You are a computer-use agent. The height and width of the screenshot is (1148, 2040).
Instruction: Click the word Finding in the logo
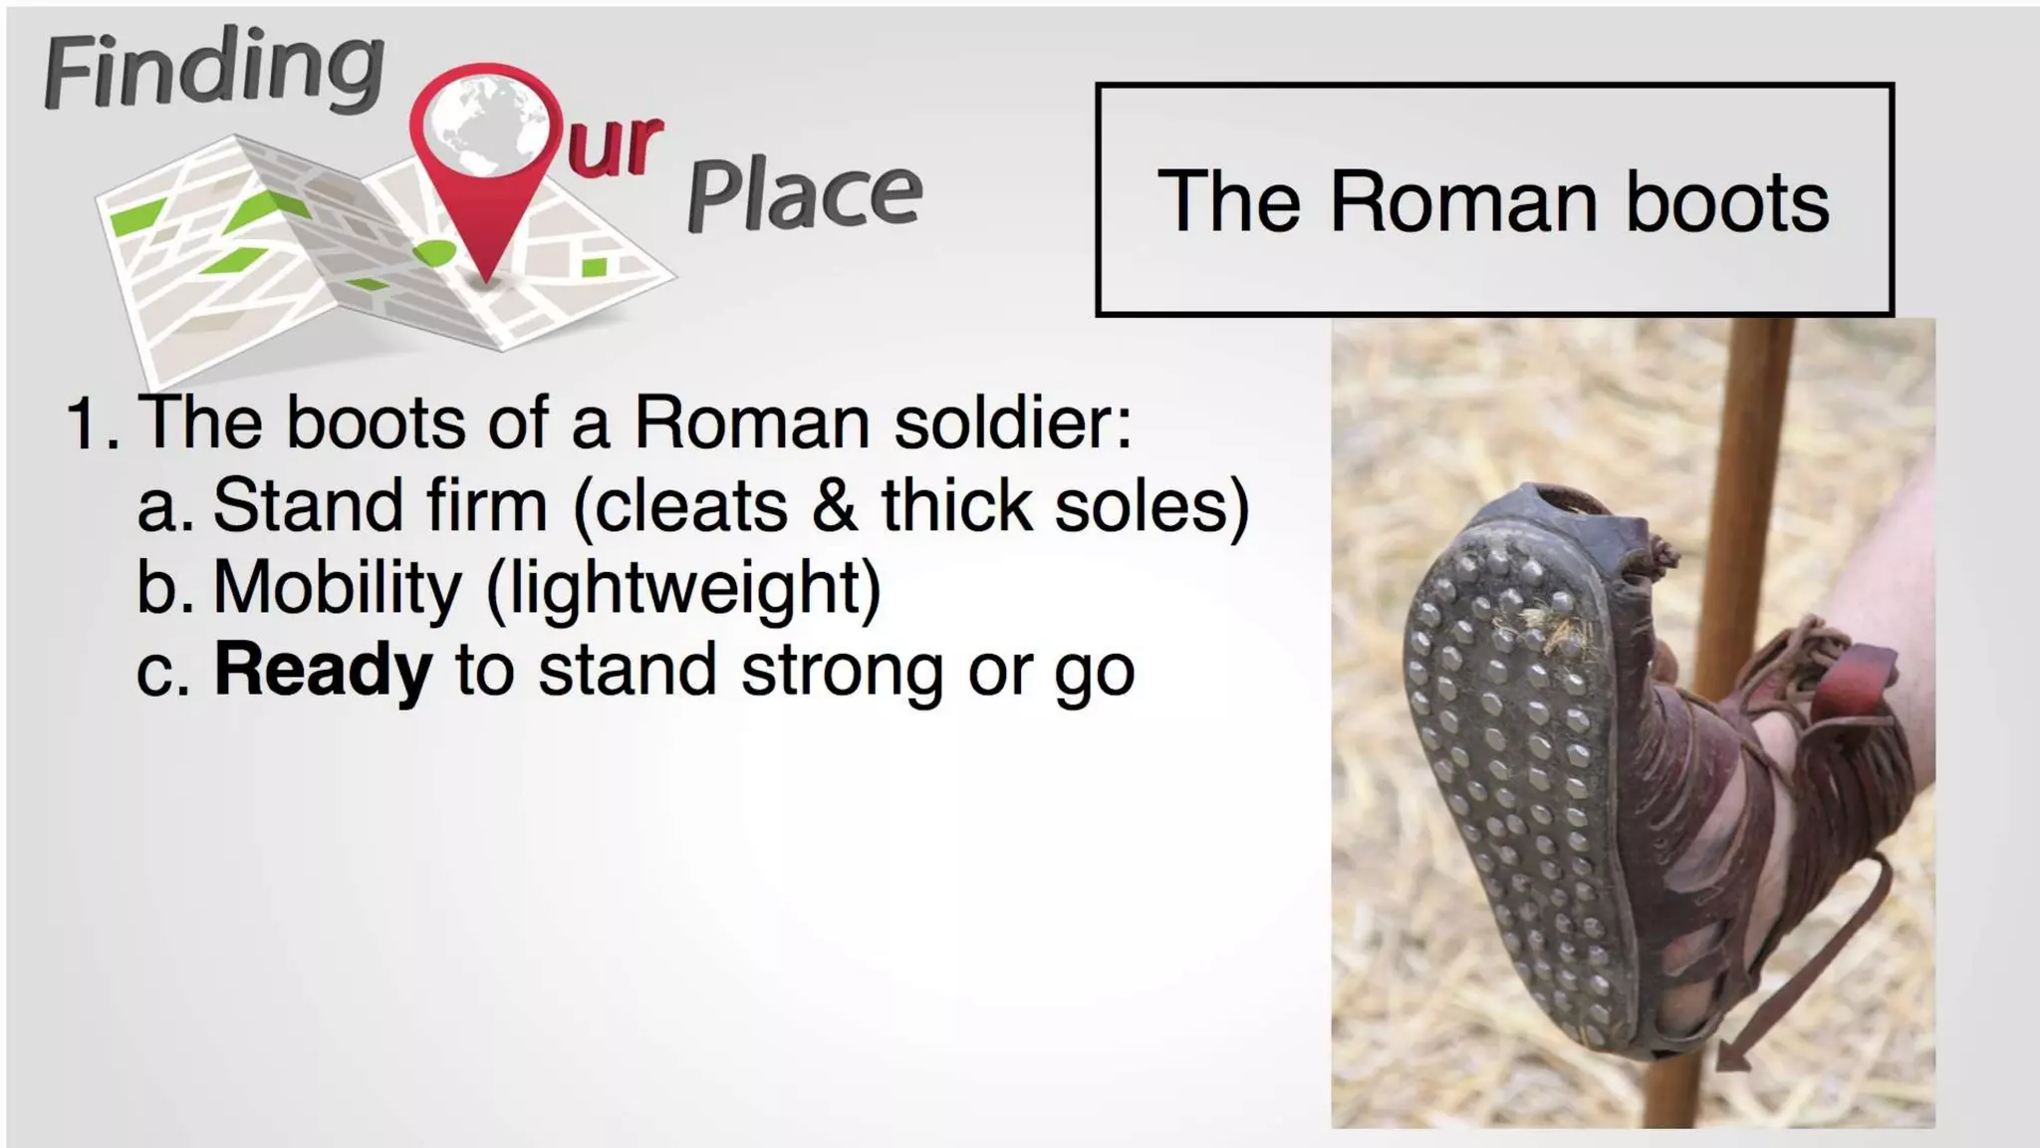tap(213, 70)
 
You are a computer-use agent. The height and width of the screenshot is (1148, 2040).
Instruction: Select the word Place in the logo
tap(804, 194)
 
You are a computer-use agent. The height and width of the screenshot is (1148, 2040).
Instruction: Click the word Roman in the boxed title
tap(1464, 202)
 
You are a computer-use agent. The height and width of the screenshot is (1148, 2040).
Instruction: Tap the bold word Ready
tap(323, 670)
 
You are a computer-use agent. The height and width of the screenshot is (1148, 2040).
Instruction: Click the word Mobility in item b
tap(337, 587)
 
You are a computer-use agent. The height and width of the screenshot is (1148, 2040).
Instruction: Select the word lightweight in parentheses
tap(683, 589)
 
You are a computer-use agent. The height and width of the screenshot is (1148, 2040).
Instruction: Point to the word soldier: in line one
tap(1012, 422)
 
